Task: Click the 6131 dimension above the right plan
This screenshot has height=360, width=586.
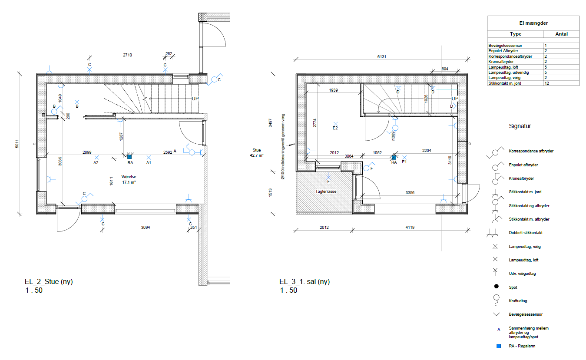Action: pos(382,57)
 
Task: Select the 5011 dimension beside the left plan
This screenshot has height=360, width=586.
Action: pos(17,144)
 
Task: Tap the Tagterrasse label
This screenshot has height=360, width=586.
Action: pos(326,192)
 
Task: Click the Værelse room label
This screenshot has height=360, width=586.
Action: pos(129,177)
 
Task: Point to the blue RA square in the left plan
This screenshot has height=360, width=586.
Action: pos(129,157)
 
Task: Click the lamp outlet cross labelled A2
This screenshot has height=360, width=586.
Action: pos(96,157)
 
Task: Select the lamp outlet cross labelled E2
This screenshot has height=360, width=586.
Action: pos(335,124)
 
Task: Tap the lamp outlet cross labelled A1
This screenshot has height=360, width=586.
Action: pos(149,157)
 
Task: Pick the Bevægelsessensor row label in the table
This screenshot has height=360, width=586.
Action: pos(505,46)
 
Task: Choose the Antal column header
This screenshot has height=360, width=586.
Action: pos(561,34)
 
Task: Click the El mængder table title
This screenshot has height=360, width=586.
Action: pos(533,23)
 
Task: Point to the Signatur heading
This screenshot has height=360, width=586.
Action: pos(520,126)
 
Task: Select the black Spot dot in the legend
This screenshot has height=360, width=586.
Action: pos(496,286)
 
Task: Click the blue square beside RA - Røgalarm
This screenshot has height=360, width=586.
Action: pos(499,346)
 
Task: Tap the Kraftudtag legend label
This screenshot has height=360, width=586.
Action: pos(518,301)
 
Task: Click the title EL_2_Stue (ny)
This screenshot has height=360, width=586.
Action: pos(49,281)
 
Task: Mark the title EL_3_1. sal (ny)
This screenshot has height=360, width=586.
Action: pos(305,281)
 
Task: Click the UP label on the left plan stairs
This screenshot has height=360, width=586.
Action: pos(195,99)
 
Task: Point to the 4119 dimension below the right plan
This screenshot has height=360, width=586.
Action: pos(410,228)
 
